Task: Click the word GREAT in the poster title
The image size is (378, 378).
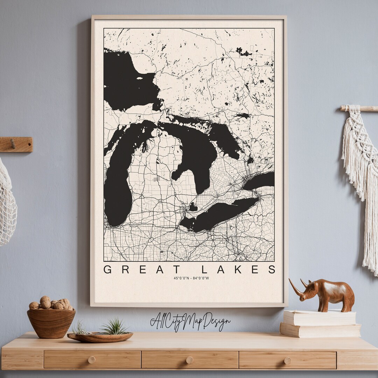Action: tap(142, 269)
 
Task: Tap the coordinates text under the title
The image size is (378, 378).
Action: tap(191, 278)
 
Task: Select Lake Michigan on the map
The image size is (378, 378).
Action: tap(119, 189)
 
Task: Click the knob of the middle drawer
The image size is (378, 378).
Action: tap(189, 360)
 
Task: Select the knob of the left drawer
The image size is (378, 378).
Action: tap(92, 360)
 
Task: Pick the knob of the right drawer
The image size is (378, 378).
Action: tap(287, 360)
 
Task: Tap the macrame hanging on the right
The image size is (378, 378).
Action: tap(360, 175)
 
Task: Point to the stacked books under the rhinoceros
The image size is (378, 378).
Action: tap(320, 324)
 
